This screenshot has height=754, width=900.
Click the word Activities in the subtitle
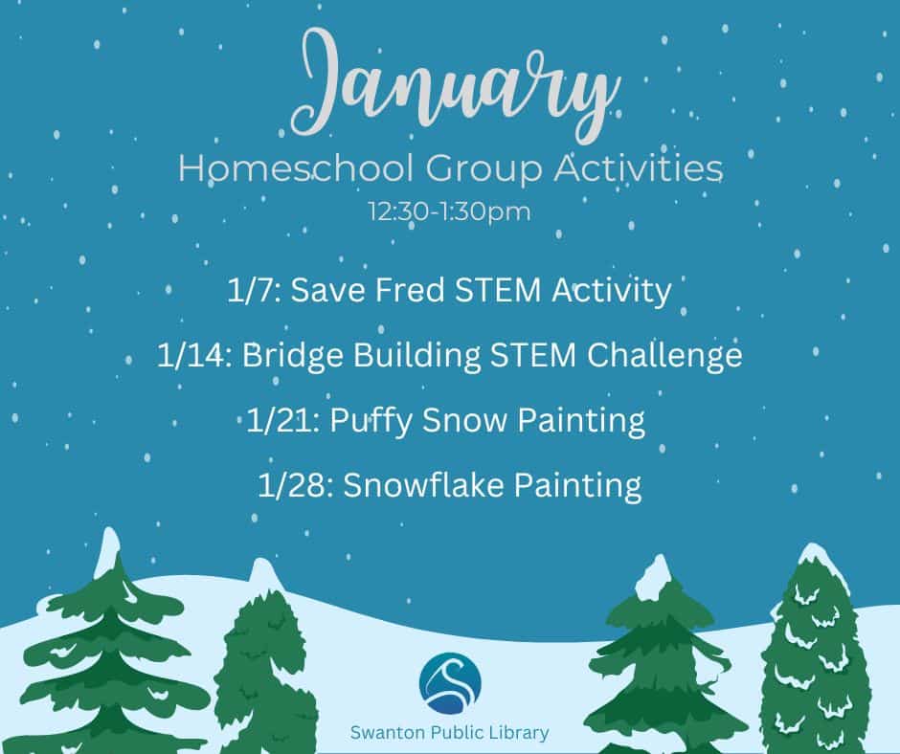(638, 168)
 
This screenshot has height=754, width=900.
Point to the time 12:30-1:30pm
(449, 211)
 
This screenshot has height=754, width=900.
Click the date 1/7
(254, 290)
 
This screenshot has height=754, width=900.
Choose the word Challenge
(664, 356)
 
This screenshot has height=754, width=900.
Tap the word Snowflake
(423, 485)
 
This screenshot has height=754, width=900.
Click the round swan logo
(450, 683)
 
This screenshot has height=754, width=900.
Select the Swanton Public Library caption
(449, 733)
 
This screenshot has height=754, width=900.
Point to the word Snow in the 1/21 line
(465, 421)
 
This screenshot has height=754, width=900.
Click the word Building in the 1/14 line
(416, 356)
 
